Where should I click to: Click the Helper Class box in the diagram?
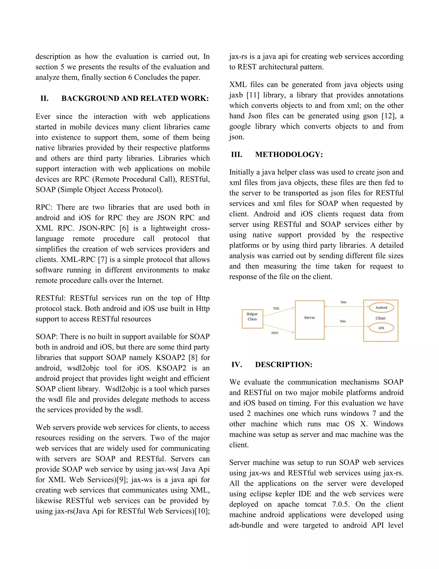(252, 319)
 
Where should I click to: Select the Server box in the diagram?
(310, 320)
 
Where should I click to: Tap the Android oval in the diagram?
(381, 307)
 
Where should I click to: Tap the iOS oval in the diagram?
(381, 328)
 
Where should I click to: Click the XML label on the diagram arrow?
(276, 308)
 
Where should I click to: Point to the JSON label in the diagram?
(275, 333)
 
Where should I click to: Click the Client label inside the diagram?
(380, 318)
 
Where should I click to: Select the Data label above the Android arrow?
(343, 302)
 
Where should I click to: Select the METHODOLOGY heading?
(289, 155)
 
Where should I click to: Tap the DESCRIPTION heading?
(283, 365)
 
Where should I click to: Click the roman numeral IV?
(237, 365)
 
